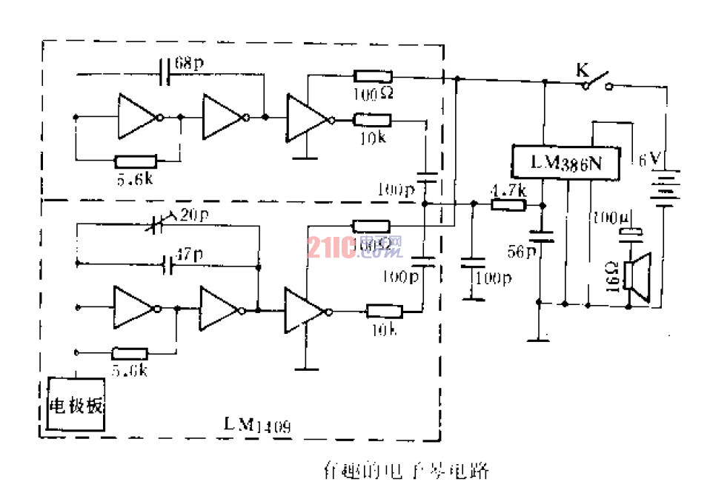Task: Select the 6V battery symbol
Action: (x=665, y=188)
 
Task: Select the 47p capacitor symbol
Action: (x=168, y=263)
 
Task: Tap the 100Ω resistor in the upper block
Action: (x=372, y=76)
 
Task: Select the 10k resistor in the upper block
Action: (x=372, y=119)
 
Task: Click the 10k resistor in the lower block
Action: (x=384, y=312)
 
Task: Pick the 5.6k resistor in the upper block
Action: (x=136, y=161)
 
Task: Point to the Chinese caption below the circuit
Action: (x=406, y=469)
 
